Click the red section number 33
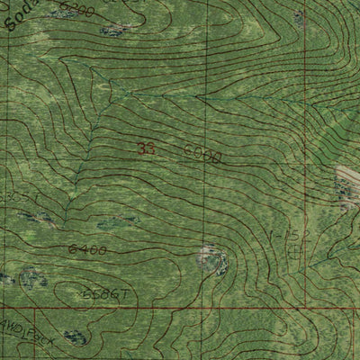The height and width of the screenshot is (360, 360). point(148,149)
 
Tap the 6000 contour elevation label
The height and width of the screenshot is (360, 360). point(202,155)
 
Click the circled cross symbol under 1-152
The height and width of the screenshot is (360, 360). point(293,251)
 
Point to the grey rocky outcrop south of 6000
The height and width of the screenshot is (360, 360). point(213,260)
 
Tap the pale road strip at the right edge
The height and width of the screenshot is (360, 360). point(348,173)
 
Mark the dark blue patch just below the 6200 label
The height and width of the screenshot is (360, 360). point(114,30)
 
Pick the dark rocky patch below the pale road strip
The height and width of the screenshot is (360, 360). point(344,191)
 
